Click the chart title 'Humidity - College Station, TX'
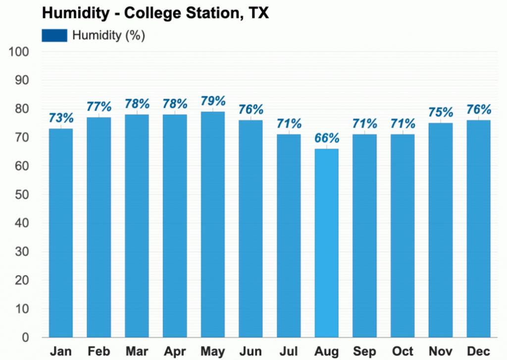click(155, 13)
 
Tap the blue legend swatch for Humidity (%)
click(54, 36)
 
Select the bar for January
click(61, 233)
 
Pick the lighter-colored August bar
click(327, 243)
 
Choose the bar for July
click(289, 236)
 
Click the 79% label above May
click(213, 101)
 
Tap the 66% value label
click(327, 138)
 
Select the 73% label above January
click(61, 118)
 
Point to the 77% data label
click(99, 107)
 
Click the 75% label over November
click(441, 112)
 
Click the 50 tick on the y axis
click(22, 195)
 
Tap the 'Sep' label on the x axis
click(364, 352)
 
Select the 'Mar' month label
click(137, 352)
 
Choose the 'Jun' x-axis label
click(251, 352)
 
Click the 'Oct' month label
click(403, 352)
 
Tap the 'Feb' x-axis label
click(99, 352)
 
